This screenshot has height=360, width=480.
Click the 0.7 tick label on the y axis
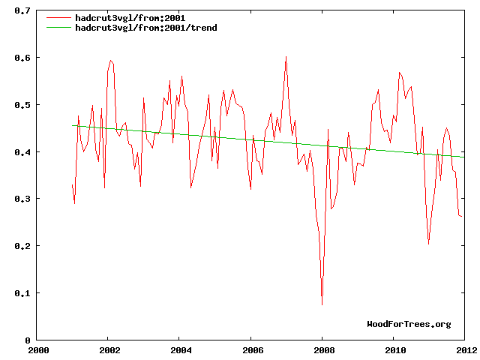pyautogui.click(x=22, y=11)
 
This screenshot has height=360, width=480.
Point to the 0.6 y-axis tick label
pyautogui.click(x=22, y=58)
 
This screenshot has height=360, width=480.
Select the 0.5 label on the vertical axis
pyautogui.click(x=22, y=105)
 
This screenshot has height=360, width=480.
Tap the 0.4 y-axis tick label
pyautogui.click(x=22, y=152)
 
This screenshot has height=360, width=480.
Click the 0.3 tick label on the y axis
pyautogui.click(x=22, y=199)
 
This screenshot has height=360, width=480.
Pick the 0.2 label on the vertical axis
pyautogui.click(x=22, y=246)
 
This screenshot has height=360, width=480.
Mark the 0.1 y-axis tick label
pyautogui.click(x=22, y=293)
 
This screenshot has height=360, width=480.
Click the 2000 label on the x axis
pyautogui.click(x=38, y=349)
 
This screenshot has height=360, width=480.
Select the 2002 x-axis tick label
pyautogui.click(x=109, y=349)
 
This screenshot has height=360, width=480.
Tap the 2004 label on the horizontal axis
pyautogui.click(x=181, y=349)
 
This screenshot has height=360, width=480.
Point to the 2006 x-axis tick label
pyautogui.click(x=252, y=349)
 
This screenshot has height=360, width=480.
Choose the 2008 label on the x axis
pyautogui.click(x=323, y=349)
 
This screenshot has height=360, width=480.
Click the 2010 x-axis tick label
pyautogui.click(x=394, y=349)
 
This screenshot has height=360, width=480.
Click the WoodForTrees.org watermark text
pyautogui.click(x=409, y=324)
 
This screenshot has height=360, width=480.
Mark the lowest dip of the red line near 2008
pyautogui.click(x=322, y=304)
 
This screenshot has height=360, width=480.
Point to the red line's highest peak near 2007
pyautogui.click(x=286, y=56)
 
